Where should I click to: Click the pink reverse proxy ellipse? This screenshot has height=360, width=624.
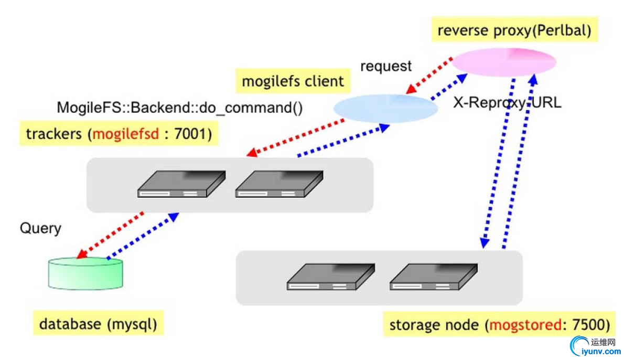[x=503, y=62]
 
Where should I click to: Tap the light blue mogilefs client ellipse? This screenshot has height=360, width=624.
[x=386, y=107]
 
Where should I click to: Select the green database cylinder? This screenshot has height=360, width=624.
[x=86, y=273]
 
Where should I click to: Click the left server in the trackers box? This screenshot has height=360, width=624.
[x=181, y=184]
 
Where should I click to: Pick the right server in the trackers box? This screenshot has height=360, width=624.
[x=279, y=184]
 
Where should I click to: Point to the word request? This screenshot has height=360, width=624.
[x=386, y=67]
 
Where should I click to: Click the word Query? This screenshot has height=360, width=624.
[x=40, y=228]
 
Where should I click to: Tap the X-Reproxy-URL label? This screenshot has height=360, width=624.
[x=507, y=102]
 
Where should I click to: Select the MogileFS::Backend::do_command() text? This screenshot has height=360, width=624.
[x=179, y=108]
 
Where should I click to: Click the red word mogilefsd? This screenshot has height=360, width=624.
[x=124, y=134]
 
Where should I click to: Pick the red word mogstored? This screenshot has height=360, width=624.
[x=524, y=324]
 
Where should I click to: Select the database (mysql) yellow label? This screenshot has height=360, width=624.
[x=98, y=324]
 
